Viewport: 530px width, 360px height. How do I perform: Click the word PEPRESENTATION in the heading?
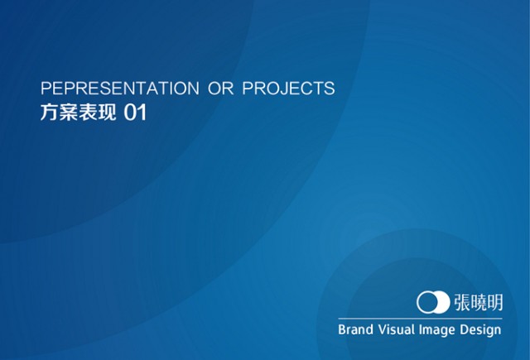(120, 89)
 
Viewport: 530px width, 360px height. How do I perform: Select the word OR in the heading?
(221, 89)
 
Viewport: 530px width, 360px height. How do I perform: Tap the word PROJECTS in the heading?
(288, 89)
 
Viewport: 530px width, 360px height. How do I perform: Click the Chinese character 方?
(50, 112)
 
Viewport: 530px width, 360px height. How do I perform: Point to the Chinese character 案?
(69, 112)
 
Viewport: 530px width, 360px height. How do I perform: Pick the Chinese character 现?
(107, 112)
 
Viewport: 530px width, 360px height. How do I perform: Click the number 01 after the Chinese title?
(135, 113)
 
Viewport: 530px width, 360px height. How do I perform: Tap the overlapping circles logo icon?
(433, 302)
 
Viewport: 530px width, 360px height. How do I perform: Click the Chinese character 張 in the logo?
(462, 302)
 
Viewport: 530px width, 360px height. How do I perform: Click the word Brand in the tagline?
(355, 329)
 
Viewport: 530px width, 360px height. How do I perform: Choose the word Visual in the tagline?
(396, 329)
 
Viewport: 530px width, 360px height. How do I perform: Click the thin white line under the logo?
(420, 319)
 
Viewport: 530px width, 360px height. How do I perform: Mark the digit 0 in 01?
(129, 113)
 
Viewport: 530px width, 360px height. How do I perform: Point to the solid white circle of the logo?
(441, 302)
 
